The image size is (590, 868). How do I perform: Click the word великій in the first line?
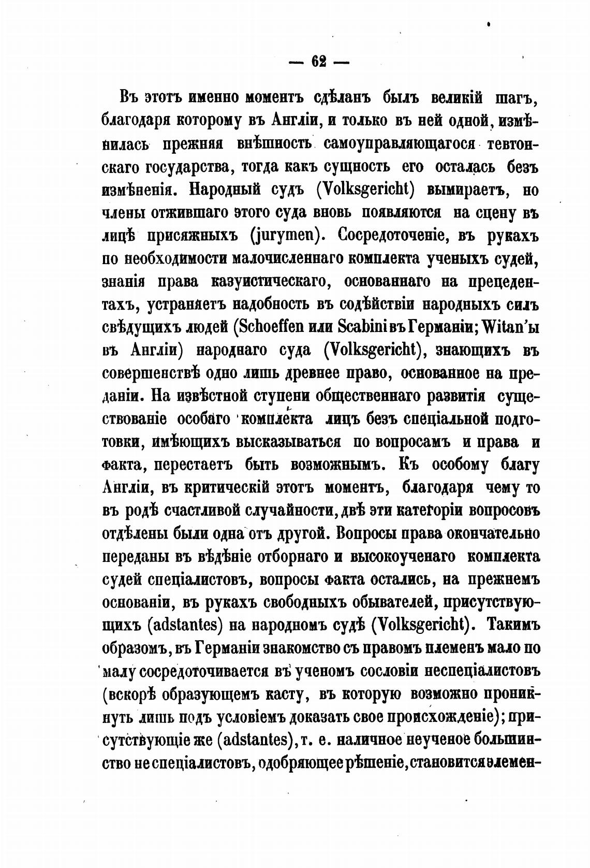(450, 97)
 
